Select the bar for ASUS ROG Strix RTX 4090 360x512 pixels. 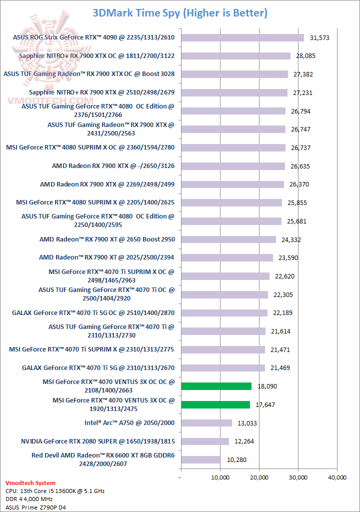[242, 37]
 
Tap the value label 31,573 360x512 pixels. [320, 37]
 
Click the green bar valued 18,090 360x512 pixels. [216, 386]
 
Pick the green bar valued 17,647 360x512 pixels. [215, 404]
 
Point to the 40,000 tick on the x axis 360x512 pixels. [336, 477]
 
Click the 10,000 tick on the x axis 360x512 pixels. [220, 477]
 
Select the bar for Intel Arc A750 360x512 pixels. [206, 423]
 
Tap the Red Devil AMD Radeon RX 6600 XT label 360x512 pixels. [103, 459]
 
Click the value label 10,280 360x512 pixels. [236, 459]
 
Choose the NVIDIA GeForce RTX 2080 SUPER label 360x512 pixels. [98, 441]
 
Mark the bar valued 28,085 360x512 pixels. [235, 56]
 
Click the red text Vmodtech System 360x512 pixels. [30, 483]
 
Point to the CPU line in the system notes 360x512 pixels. [54, 491]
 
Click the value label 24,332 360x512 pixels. [292, 239]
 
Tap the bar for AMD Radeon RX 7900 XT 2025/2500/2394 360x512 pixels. [226, 257]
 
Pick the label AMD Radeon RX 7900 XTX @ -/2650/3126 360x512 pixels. [113, 166]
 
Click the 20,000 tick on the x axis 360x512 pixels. [259, 477]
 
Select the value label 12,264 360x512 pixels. [245, 441]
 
